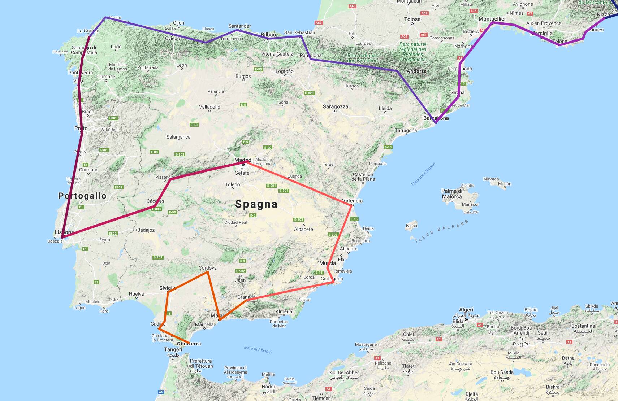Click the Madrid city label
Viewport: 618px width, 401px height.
pos(243,160)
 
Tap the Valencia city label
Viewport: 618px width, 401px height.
pos(352,201)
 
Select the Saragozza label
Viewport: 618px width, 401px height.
pos(335,106)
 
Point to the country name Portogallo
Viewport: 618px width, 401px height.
pos(82,196)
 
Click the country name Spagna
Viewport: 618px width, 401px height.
pos(256,204)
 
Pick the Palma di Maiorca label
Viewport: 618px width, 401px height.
pos(451,193)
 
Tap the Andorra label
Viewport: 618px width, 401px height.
pos(416,71)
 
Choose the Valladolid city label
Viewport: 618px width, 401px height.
pos(209,107)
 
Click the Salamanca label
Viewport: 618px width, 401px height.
pos(178,137)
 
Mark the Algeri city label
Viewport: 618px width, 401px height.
pos(466,310)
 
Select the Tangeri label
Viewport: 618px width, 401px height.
pos(173,349)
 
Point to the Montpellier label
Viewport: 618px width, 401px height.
pos(492,19)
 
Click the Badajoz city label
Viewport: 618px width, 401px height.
pos(146,230)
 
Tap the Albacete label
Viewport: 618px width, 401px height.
pos(303,229)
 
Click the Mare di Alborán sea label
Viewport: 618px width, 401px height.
pos(258,349)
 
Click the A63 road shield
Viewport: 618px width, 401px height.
pos(319,22)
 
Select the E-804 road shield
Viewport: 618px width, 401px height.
pos(309,93)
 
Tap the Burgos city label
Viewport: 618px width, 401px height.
pos(243,76)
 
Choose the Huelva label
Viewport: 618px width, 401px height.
pos(136,294)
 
